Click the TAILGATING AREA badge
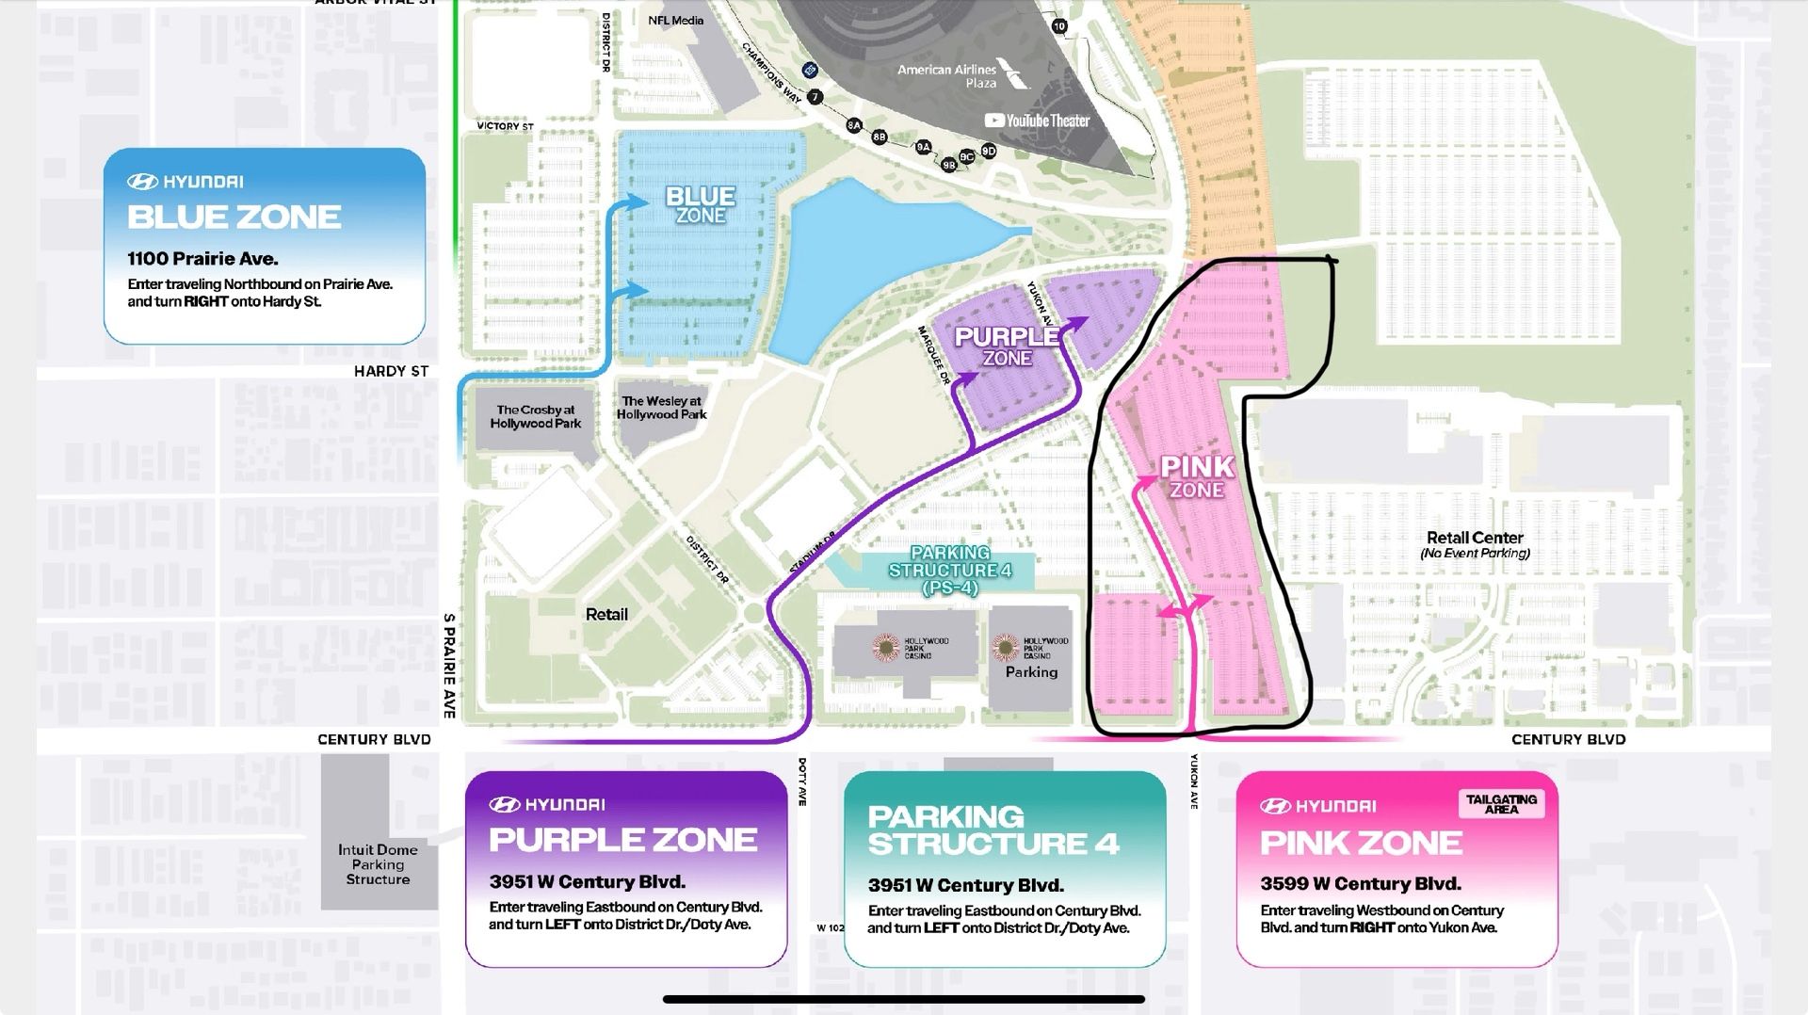pos(1501,803)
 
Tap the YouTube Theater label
pos(1037,121)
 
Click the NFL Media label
pos(675,20)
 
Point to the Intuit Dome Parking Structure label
pos(378,864)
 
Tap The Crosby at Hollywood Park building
pos(536,416)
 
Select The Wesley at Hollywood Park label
pos(661,408)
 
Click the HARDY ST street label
pos(391,371)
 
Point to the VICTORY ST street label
pos(505,126)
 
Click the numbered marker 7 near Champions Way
pos(815,97)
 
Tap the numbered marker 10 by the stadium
pos(1059,26)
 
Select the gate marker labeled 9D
pos(988,151)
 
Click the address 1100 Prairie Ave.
pos(202,259)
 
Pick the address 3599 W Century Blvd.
pos(1361,884)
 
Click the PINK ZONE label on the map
pos(1196,476)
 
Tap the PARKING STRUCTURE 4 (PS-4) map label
pos(949,570)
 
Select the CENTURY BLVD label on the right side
pos(1568,739)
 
